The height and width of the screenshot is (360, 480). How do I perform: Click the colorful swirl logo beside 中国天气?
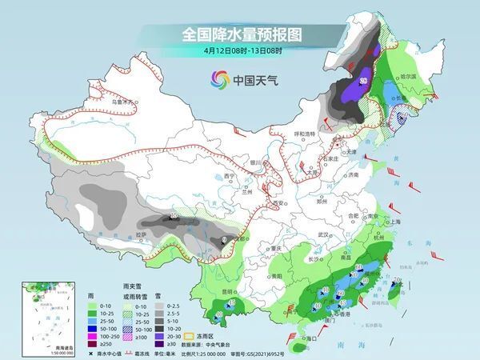(x=218, y=79)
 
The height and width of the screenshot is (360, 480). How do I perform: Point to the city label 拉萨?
(x=141, y=234)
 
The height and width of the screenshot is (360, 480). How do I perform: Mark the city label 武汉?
(x=323, y=234)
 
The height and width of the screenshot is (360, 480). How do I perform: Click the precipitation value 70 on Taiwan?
(x=398, y=279)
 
